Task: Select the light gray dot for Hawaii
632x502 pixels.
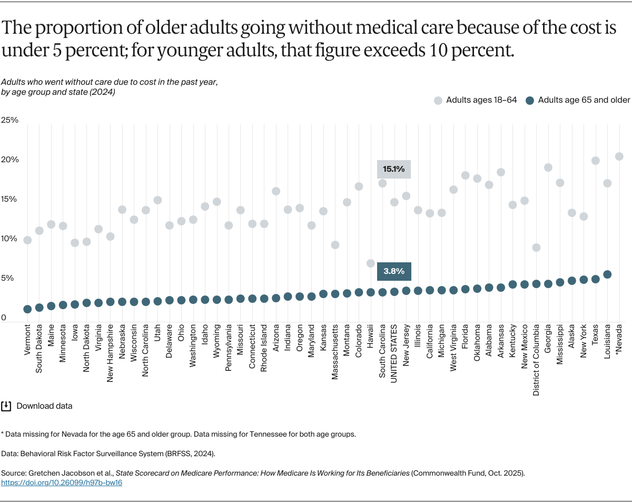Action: (x=371, y=263)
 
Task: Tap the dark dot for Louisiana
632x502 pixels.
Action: (x=607, y=274)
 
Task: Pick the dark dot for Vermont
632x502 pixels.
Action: (x=27, y=309)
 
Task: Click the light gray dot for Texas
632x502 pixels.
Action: (x=596, y=161)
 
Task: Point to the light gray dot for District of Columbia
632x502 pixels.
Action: (x=536, y=248)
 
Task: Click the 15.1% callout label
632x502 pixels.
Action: (x=393, y=169)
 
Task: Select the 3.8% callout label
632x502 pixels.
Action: (x=393, y=271)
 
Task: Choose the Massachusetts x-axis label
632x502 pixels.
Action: (x=335, y=358)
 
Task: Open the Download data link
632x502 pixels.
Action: (x=44, y=406)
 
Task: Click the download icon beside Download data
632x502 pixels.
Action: (x=6, y=406)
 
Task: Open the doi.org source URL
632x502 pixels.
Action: (x=62, y=483)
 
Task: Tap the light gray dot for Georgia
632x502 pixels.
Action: (x=548, y=168)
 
